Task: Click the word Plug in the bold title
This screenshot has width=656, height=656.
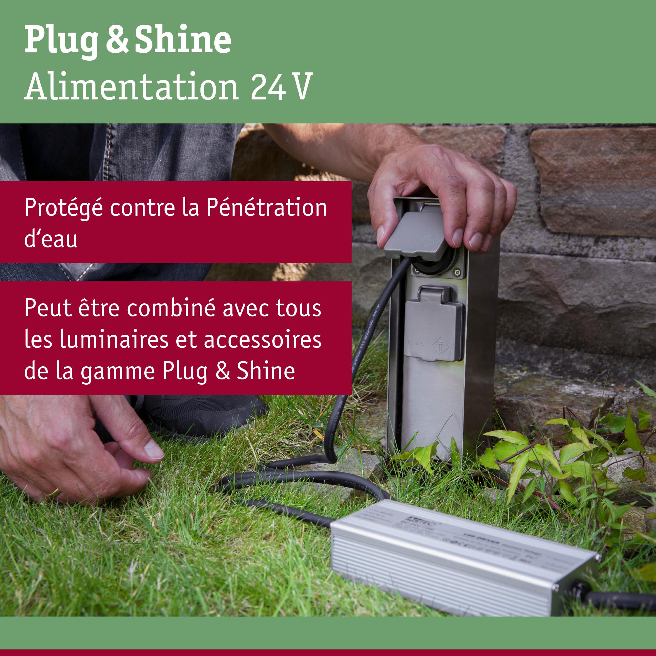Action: [x=61, y=40]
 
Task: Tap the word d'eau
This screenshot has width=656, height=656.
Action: [x=51, y=239]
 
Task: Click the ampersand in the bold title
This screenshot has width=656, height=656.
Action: [x=117, y=40]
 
